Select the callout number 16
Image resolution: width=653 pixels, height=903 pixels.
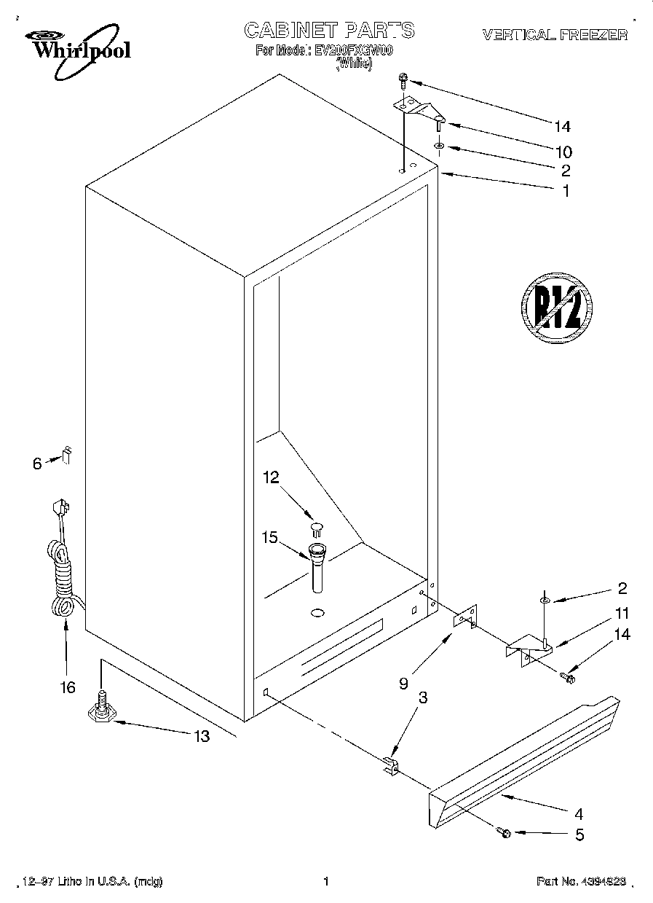(x=67, y=687)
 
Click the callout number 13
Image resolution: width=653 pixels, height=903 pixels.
(x=201, y=736)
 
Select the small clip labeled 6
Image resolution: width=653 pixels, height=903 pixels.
(x=66, y=456)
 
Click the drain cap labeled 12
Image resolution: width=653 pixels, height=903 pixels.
(x=317, y=528)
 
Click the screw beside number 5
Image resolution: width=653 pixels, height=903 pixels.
(x=504, y=832)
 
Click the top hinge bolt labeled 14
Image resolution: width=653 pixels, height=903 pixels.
(x=403, y=79)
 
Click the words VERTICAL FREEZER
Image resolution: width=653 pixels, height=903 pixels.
(x=555, y=34)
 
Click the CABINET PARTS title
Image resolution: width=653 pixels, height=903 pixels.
(x=329, y=30)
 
